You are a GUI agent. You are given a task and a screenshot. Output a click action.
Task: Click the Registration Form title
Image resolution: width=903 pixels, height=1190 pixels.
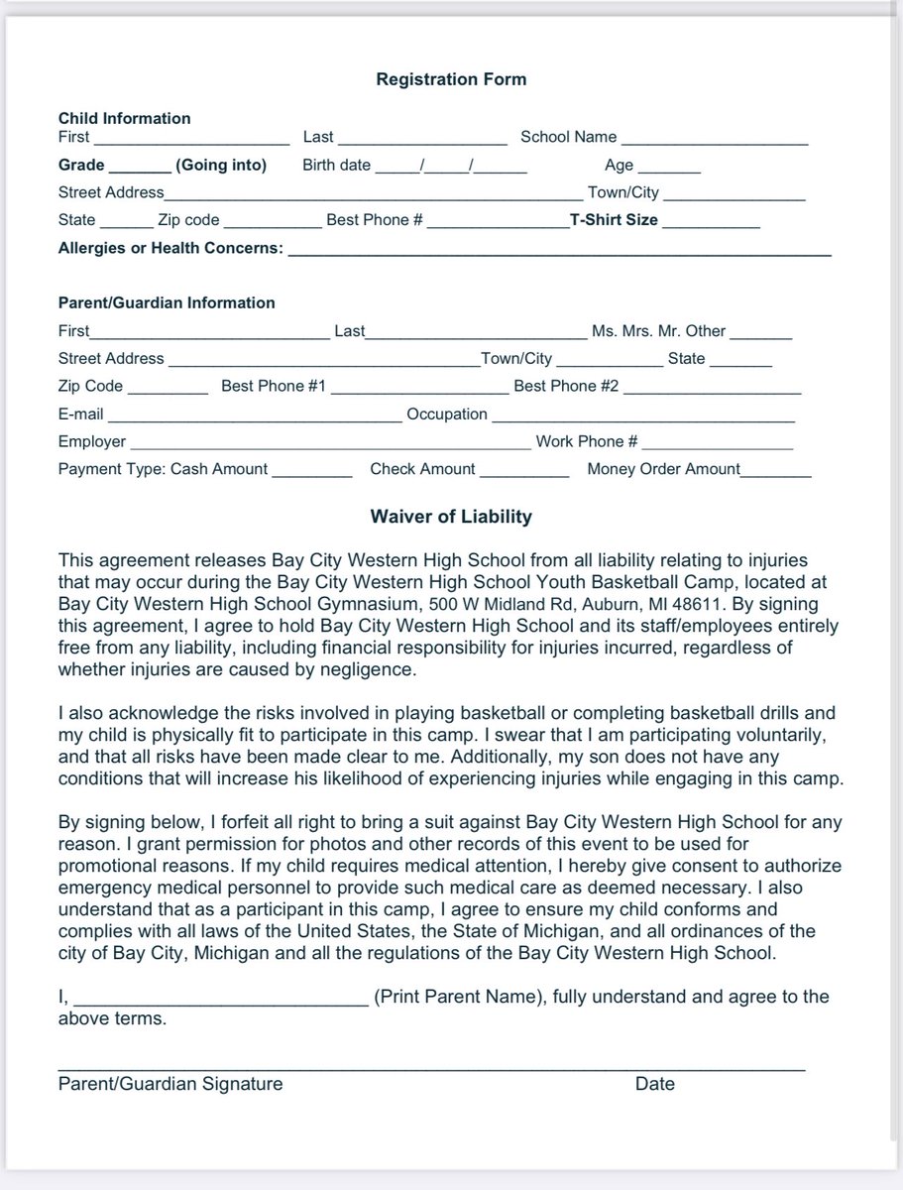[451, 79]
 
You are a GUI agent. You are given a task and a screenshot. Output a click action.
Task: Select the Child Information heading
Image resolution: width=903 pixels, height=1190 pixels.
[124, 118]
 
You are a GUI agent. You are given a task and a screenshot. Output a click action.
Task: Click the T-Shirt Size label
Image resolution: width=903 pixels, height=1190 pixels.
[613, 220]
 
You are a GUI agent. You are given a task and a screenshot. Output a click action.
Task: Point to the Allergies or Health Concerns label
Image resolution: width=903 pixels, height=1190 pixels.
[170, 248]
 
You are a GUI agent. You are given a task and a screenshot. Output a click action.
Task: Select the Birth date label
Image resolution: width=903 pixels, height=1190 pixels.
[336, 166]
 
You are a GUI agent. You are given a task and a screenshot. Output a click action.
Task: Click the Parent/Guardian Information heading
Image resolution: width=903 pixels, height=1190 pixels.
[167, 302]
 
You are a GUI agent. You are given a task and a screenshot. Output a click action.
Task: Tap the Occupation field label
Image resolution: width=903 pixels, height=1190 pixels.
[447, 415]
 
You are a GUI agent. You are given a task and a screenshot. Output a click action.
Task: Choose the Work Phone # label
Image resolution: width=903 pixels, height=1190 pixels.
[586, 441]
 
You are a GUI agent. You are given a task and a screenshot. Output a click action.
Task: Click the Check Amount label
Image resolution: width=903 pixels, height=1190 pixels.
[422, 469]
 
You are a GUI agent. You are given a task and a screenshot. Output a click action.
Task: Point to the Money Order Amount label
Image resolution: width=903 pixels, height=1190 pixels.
[663, 469]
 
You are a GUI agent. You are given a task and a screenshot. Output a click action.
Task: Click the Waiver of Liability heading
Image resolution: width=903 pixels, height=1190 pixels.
[451, 517]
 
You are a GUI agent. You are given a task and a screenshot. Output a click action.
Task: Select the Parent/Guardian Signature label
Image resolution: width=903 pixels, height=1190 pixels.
[169, 1084]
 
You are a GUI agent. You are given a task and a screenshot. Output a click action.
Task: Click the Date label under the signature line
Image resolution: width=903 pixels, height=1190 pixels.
[654, 1084]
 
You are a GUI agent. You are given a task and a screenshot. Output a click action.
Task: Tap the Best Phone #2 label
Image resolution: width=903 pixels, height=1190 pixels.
[566, 387]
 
